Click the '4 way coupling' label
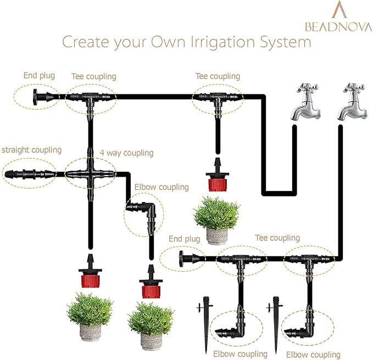pyautogui.click(x=126, y=153)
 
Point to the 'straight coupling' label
pyautogui.click(x=32, y=150)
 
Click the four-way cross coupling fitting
pyautogui.click(x=90, y=173)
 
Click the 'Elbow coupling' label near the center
pyautogui.click(x=162, y=187)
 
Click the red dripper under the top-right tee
pyautogui.click(x=216, y=178)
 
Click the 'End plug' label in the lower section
pyautogui.click(x=184, y=239)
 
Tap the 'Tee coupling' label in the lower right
pyautogui.click(x=277, y=238)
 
